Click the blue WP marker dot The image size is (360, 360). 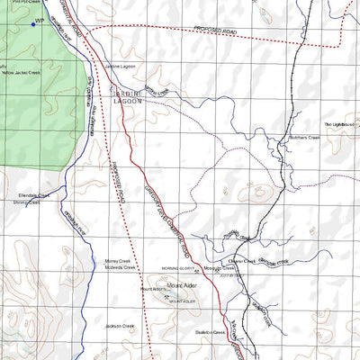pyautogui.click(x=32, y=24)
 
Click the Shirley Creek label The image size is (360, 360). pyautogui.click(x=25, y=202)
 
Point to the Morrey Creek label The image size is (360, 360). pyautogui.click(x=119, y=260)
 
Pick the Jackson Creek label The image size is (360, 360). pyautogui.click(x=119, y=325)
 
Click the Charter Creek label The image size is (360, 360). pyautogui.click(x=243, y=259)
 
